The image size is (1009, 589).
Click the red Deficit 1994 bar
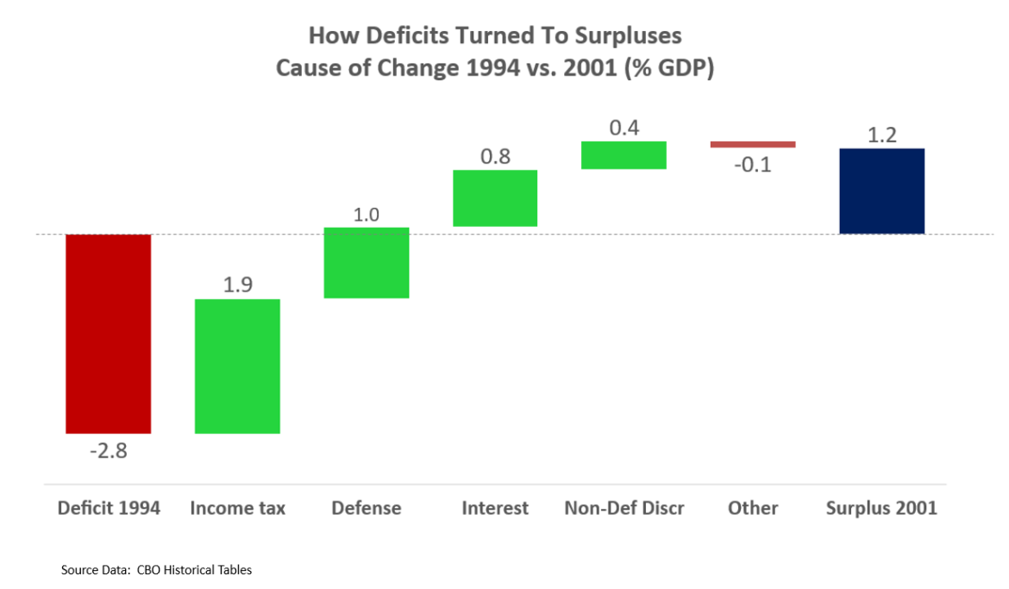[109, 334]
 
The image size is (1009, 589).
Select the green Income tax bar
[237, 366]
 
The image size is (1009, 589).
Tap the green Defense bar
[366, 263]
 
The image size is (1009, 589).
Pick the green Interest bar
[495, 198]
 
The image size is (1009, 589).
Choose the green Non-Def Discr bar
[624, 155]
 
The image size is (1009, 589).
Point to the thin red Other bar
[753, 145]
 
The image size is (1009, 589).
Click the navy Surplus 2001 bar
[881, 191]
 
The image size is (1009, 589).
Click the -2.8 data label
[109, 450]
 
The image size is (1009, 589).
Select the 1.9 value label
[237, 285]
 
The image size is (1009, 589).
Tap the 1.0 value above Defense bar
[366, 215]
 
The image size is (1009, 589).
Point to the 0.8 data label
[495, 157]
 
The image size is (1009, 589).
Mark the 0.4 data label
[624, 128]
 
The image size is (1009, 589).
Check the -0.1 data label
[753, 164]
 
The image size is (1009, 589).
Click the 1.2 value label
[881, 135]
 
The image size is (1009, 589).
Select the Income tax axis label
[237, 508]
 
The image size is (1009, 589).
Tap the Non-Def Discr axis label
[624, 508]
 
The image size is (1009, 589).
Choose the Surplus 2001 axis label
[881, 508]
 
